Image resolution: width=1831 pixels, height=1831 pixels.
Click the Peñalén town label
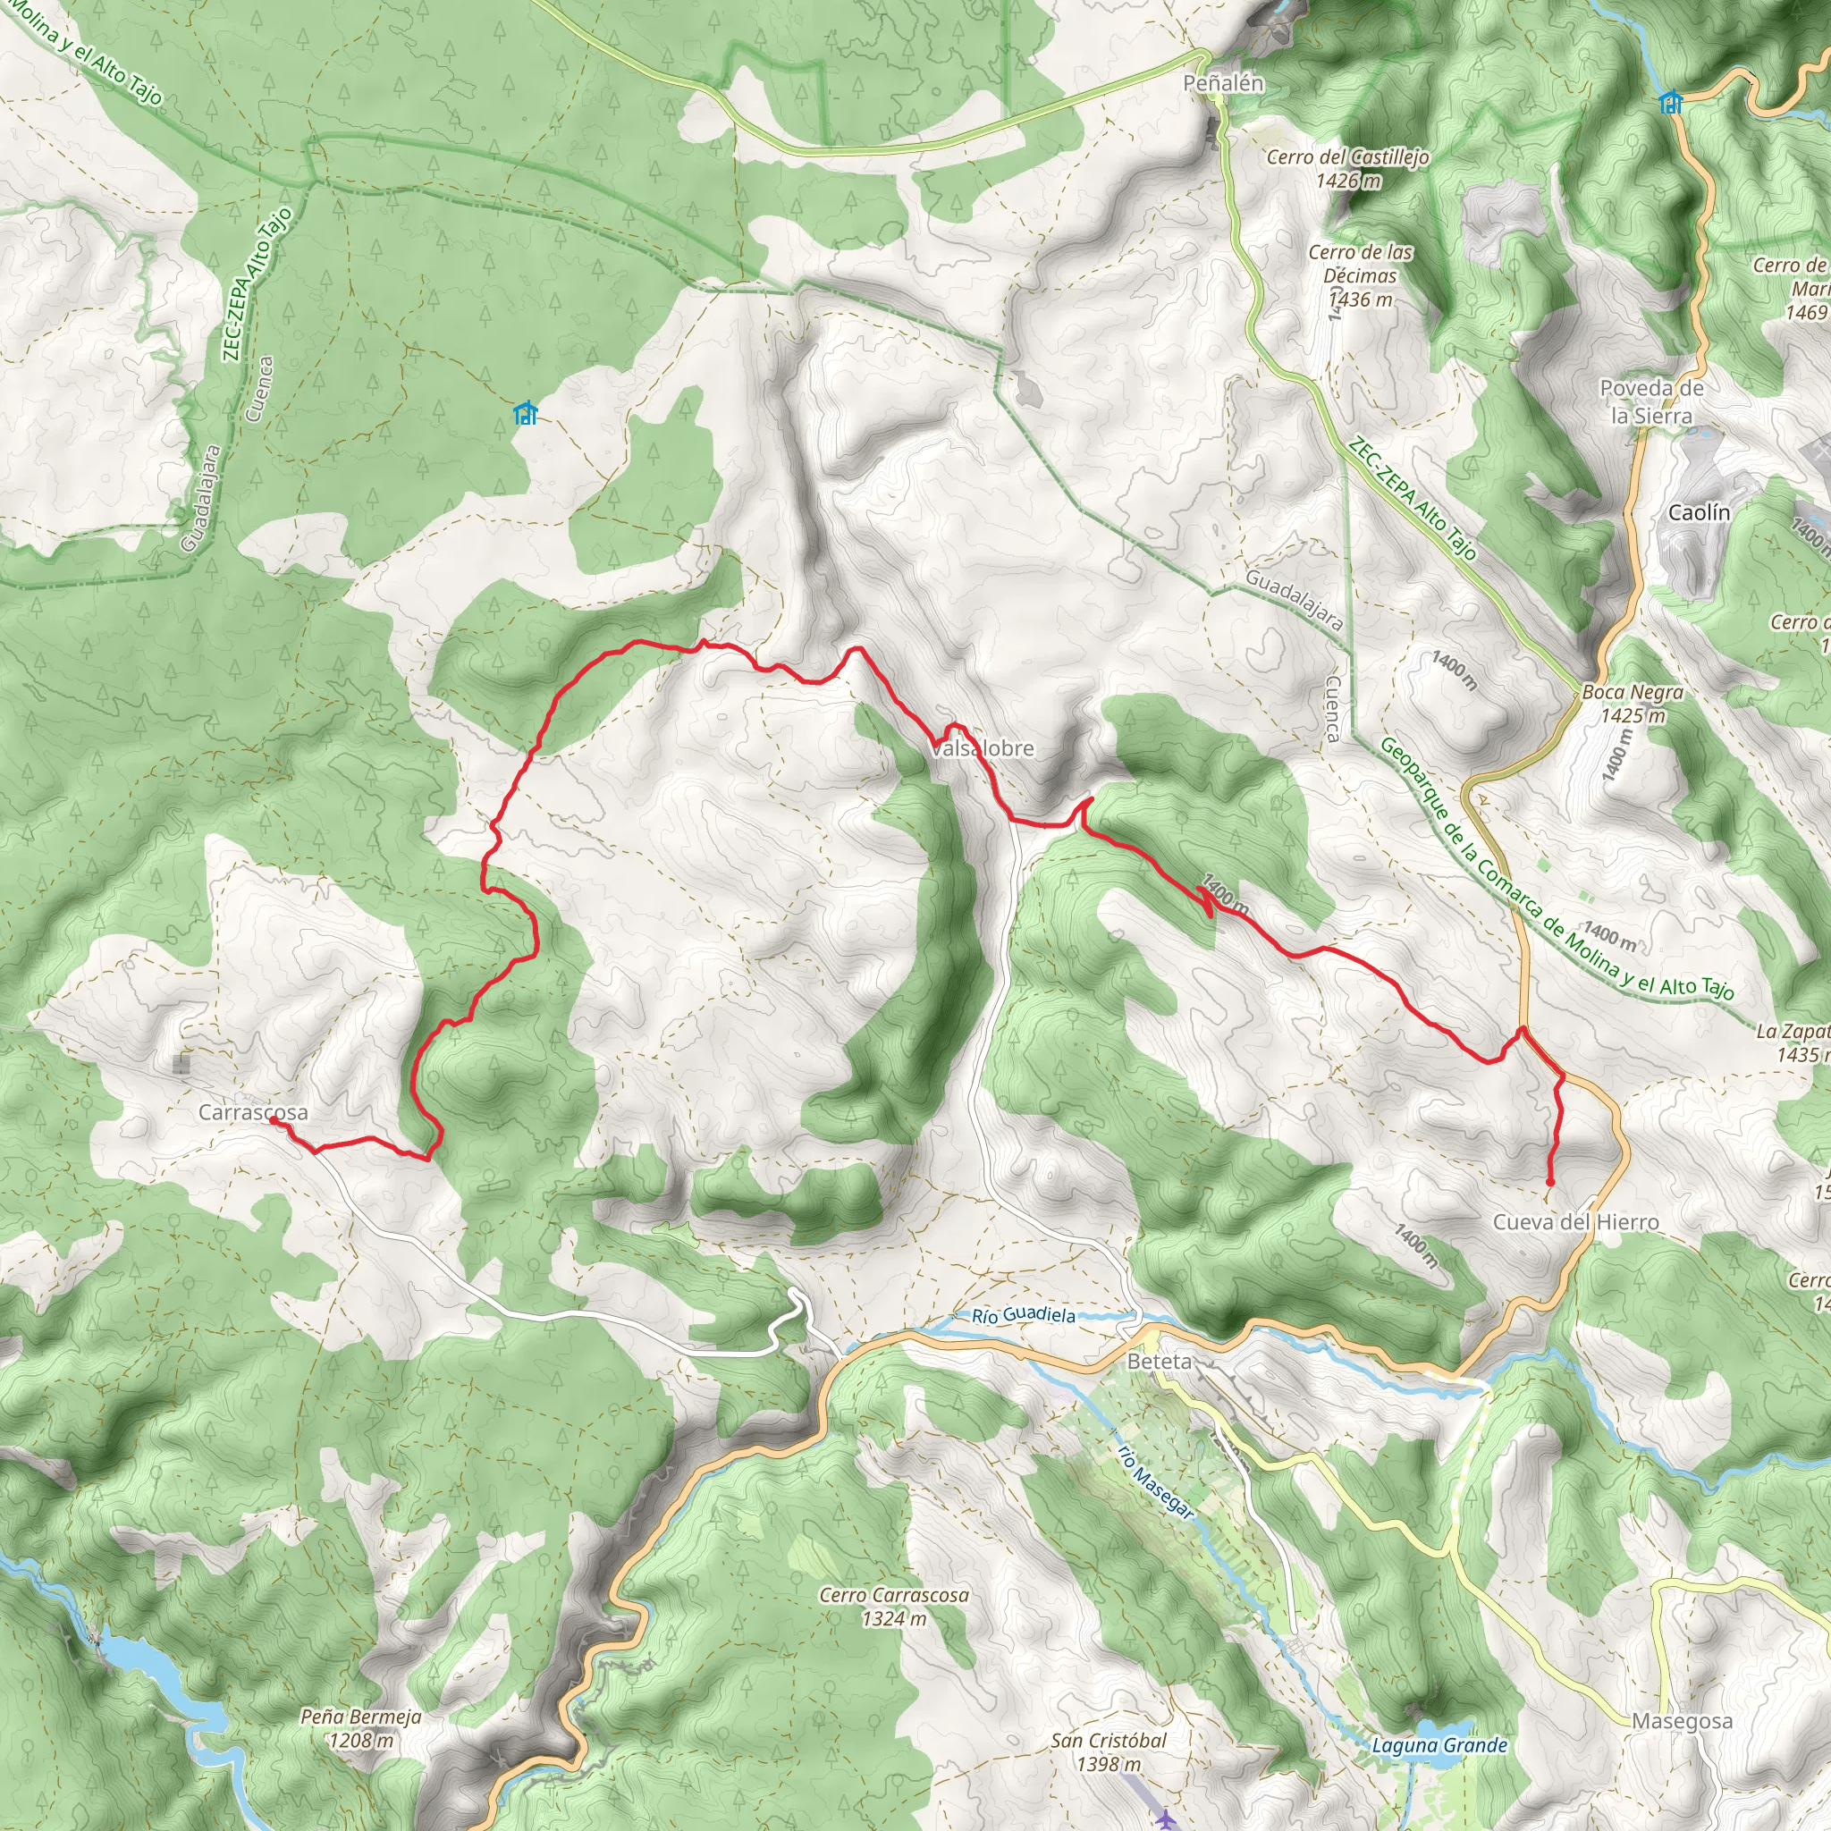tap(1222, 83)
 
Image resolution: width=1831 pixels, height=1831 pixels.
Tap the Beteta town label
tap(1159, 1362)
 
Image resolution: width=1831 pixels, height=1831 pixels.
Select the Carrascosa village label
tap(253, 1112)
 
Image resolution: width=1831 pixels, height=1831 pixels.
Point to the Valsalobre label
tap(982, 748)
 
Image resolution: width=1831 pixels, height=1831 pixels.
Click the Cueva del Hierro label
tap(1575, 1222)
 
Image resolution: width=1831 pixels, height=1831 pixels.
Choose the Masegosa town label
tap(1683, 1721)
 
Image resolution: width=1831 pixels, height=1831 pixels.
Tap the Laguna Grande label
tap(1439, 1746)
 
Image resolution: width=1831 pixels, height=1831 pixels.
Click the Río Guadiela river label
tap(1024, 1315)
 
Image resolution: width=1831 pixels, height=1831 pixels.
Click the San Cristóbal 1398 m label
tap(1109, 1752)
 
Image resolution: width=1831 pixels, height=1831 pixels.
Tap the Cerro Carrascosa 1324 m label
tap(894, 1607)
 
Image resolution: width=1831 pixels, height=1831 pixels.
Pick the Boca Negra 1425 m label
tap(1632, 705)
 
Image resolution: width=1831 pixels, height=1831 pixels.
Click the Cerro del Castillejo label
tap(1347, 168)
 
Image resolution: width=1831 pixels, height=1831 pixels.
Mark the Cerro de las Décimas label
tap(1360, 275)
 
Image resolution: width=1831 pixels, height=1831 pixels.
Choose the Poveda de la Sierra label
tap(1651, 401)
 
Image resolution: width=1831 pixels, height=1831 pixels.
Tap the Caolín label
tap(1700, 512)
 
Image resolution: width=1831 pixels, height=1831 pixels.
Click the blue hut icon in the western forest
tap(524, 413)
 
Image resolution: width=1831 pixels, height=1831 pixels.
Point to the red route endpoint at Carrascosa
tap(273, 1119)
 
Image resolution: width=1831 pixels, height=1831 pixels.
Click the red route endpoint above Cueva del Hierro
tap(1549, 1183)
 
